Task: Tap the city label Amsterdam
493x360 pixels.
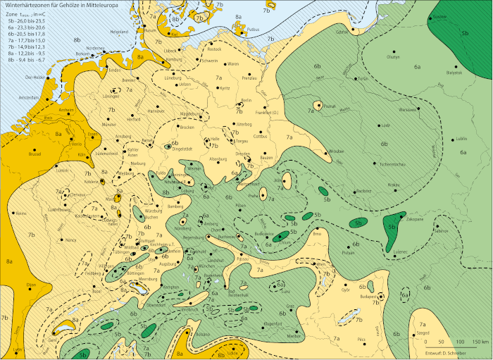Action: [x=27, y=97]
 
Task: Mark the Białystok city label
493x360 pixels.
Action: [x=454, y=72]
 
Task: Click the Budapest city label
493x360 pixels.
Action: [x=369, y=297]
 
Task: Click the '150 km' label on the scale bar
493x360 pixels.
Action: [x=480, y=341]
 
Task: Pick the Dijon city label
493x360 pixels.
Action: [x=30, y=284]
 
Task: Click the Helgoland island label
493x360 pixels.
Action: [x=118, y=32]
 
